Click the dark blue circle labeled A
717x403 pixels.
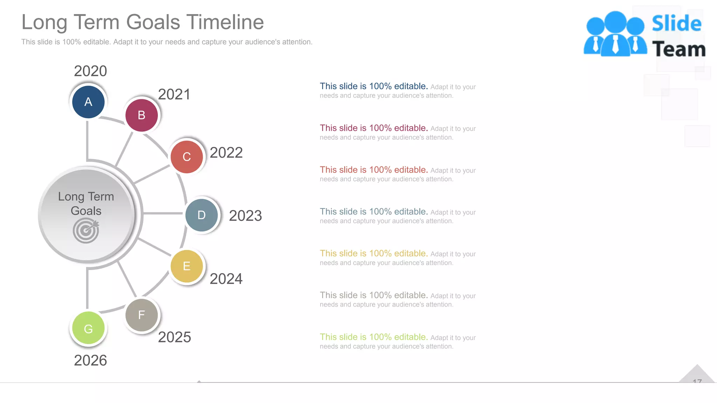tap(88, 102)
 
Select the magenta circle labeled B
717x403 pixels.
tap(141, 115)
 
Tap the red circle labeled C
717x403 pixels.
tap(187, 157)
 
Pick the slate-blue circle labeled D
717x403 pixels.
tap(201, 215)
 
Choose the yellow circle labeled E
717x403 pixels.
tap(187, 266)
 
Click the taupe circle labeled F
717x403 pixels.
tap(141, 315)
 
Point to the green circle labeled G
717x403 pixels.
tap(88, 328)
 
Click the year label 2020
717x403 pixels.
tap(90, 71)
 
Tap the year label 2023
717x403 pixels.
tap(245, 215)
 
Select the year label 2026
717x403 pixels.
tap(90, 360)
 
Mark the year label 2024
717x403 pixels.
tap(226, 279)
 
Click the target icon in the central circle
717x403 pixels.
tap(86, 231)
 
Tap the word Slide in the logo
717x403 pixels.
tap(676, 23)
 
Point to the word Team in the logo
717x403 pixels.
tap(678, 49)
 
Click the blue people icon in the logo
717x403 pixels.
tap(615, 34)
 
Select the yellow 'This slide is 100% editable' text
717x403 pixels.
tap(374, 253)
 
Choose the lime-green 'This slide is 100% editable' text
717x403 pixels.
tap(374, 337)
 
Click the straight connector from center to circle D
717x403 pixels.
tap(163, 213)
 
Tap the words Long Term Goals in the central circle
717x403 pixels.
tap(86, 204)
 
